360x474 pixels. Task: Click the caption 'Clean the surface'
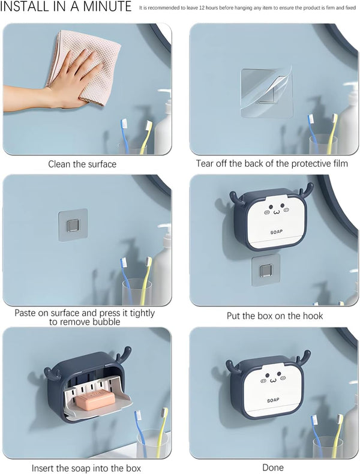pyautogui.click(x=82, y=164)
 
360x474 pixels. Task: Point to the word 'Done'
pyautogui.click(x=273, y=467)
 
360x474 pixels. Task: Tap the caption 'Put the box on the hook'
pyautogui.click(x=274, y=316)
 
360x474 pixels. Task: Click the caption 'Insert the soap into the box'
pyautogui.click(x=86, y=468)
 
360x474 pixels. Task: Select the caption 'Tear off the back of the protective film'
pyautogui.click(x=272, y=164)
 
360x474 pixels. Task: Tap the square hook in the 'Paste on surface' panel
pyautogui.click(x=73, y=225)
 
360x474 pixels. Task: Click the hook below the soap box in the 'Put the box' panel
pyautogui.click(x=266, y=271)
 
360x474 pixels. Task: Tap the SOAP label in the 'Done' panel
pyautogui.click(x=273, y=400)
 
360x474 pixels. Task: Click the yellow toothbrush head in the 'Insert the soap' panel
pyautogui.click(x=164, y=413)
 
